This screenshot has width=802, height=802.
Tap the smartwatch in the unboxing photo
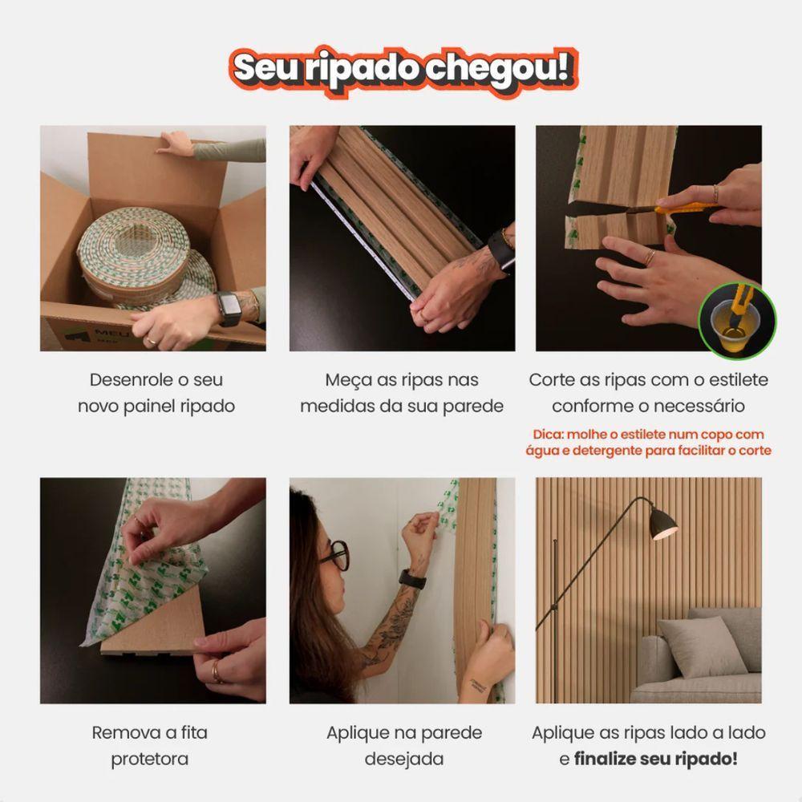(x=229, y=309)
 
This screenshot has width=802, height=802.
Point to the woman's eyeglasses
(x=336, y=554)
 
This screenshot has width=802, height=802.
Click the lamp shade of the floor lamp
(x=660, y=522)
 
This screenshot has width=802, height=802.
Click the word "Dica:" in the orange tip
(x=551, y=435)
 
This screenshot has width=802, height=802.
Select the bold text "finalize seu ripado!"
(x=655, y=758)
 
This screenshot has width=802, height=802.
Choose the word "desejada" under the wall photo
(x=403, y=758)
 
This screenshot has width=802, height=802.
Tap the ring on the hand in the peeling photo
(x=216, y=671)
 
